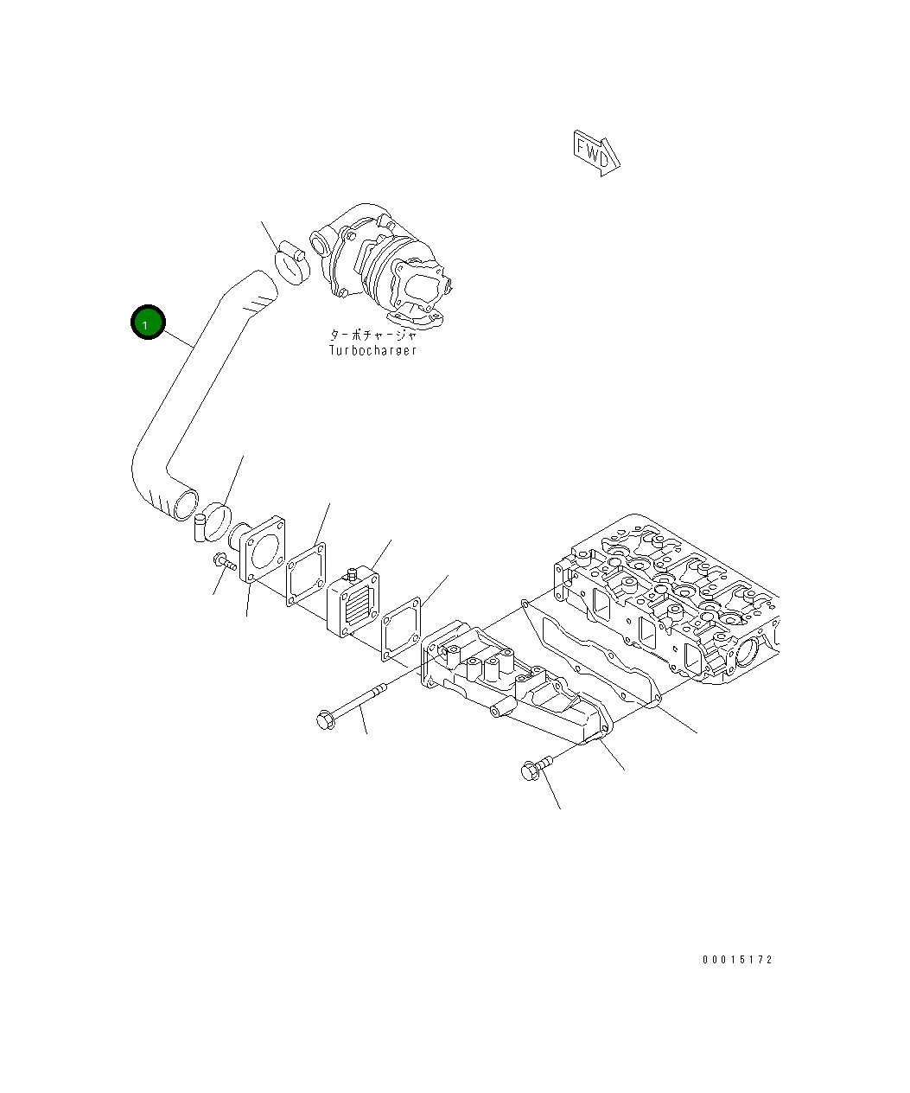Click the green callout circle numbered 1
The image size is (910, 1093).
(x=147, y=323)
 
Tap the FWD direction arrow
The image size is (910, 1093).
(x=597, y=154)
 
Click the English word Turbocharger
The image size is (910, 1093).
(x=372, y=350)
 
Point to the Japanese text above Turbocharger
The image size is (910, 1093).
(x=372, y=335)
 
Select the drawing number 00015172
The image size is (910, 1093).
(x=737, y=960)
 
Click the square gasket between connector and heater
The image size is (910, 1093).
(x=307, y=572)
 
